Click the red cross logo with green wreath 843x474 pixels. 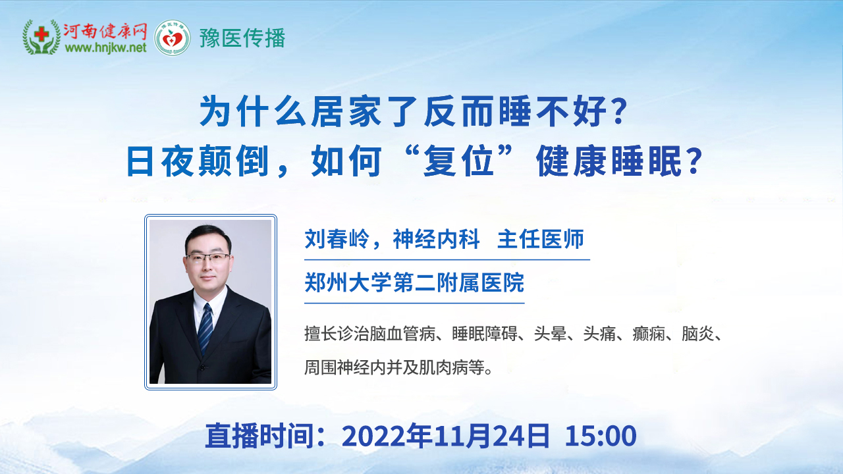coord(41,37)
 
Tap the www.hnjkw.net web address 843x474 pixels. coord(106,48)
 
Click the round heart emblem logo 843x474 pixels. coord(173,38)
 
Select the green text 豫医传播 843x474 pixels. coord(242,38)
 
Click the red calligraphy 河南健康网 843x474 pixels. coord(105,31)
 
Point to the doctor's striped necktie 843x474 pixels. coord(205,328)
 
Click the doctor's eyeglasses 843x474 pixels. coord(207,258)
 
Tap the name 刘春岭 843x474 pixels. coord(337,239)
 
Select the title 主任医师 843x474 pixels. coord(541,239)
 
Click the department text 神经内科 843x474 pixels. coord(437,239)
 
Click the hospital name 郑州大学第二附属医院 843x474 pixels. coord(414,282)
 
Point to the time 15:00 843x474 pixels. coord(600,436)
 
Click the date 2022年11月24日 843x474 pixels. coord(445,436)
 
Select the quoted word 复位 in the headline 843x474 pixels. coord(458,161)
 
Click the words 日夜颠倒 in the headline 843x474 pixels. coord(197,161)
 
